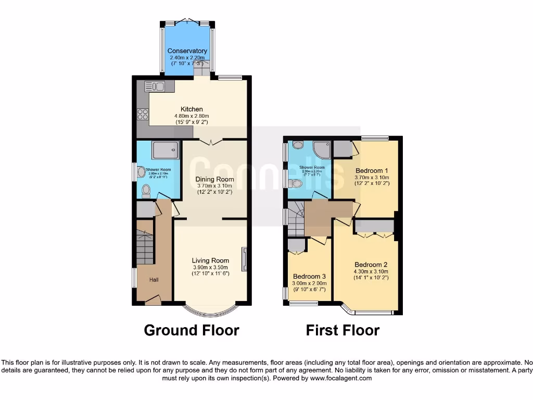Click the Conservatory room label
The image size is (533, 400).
click(187, 51)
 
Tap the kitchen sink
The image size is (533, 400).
click(155, 86)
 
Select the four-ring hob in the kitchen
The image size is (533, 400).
click(143, 115)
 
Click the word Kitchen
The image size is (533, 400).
click(192, 109)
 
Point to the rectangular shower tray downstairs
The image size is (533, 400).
click(166, 151)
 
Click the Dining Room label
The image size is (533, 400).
click(214, 180)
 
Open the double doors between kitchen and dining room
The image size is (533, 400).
click(211, 141)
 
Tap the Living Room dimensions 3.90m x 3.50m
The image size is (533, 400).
click(210, 267)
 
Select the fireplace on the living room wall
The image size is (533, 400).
click(244, 259)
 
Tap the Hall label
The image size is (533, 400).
click(154, 280)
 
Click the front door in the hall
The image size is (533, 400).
click(153, 299)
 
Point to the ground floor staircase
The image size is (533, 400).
click(145, 248)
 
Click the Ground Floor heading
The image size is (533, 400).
click(191, 330)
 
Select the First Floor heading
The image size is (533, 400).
click(342, 330)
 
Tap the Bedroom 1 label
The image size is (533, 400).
click(372, 171)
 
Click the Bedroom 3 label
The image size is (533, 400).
click(309, 277)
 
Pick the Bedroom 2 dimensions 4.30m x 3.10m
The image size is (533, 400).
click(371, 271)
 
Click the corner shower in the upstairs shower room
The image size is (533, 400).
click(322, 150)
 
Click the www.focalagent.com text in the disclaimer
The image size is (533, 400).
click(341, 379)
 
